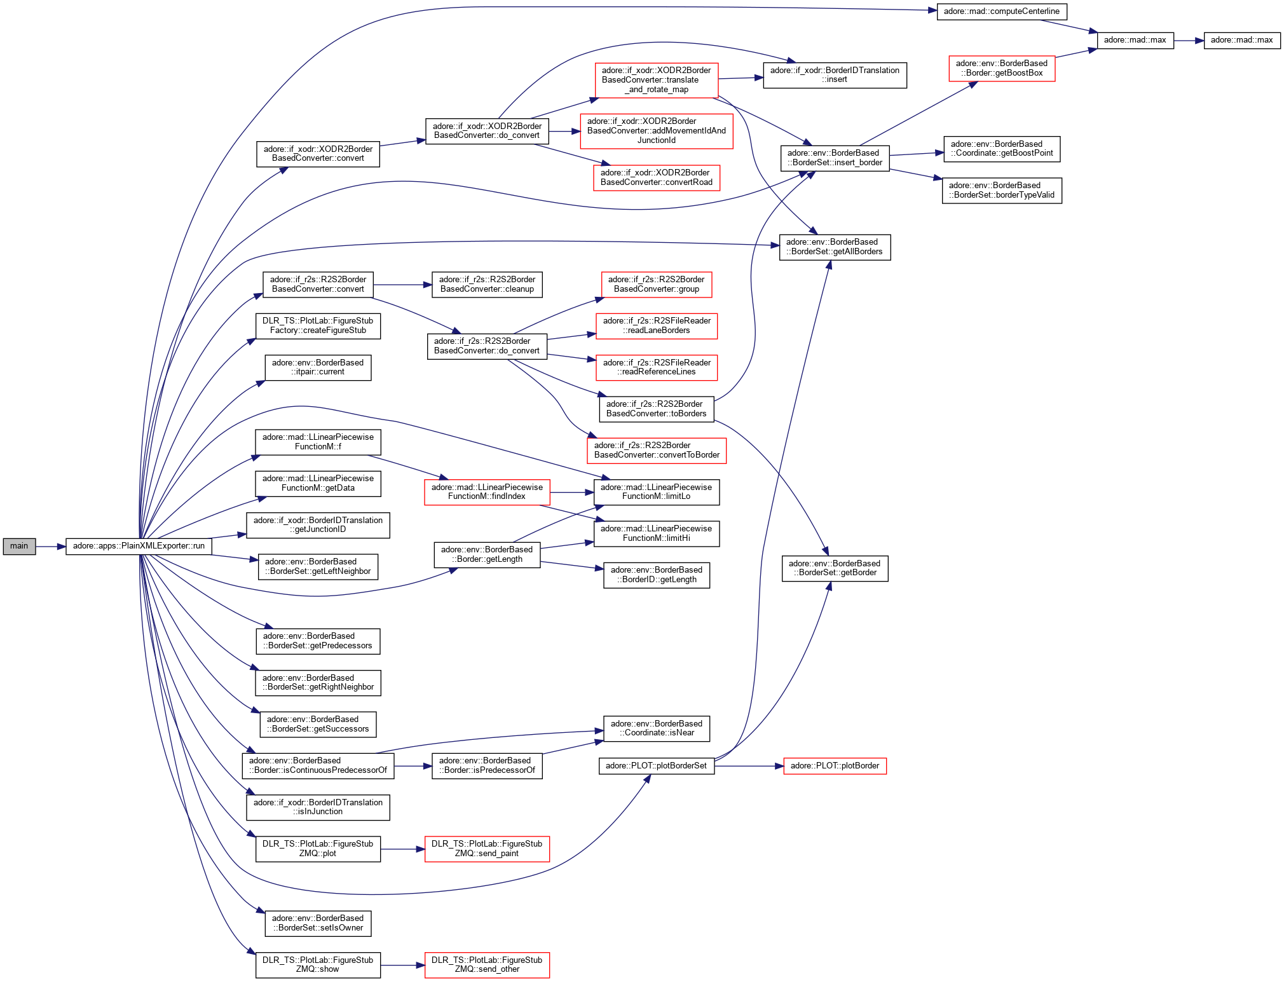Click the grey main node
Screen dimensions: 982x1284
[19, 546]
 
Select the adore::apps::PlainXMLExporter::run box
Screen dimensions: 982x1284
[139, 546]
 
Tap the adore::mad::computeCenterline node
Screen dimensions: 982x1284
[1001, 11]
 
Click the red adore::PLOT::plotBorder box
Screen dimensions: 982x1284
[834, 766]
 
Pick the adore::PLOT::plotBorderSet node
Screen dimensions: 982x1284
[656, 766]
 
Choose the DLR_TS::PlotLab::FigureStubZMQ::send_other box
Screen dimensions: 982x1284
[486, 965]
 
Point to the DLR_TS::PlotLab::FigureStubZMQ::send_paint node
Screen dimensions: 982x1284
[486, 849]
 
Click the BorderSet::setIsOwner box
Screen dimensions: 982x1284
[318, 923]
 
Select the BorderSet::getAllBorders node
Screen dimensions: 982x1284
[834, 247]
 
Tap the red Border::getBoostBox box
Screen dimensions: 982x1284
[1001, 68]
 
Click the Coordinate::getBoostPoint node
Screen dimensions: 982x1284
[1001, 149]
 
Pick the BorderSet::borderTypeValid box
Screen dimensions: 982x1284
[1001, 190]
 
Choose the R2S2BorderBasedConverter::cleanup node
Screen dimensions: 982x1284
[486, 284]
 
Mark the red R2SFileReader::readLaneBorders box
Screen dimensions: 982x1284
[656, 325]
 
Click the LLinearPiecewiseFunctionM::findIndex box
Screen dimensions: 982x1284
[486, 492]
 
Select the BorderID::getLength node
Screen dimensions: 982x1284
[656, 575]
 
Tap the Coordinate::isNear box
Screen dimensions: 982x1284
[656, 728]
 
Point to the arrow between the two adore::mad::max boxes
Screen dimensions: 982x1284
[1188, 41]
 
